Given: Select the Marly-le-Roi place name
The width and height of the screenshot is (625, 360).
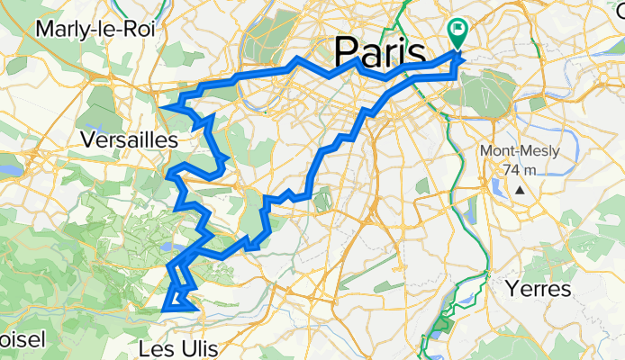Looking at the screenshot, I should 95,29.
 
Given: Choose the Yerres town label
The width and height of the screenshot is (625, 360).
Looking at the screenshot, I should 538,290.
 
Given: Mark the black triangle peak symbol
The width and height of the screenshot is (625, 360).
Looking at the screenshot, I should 521,191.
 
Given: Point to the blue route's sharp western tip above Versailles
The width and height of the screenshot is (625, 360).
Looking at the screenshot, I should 161,107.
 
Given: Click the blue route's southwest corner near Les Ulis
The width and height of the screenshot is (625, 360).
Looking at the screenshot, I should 163,310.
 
